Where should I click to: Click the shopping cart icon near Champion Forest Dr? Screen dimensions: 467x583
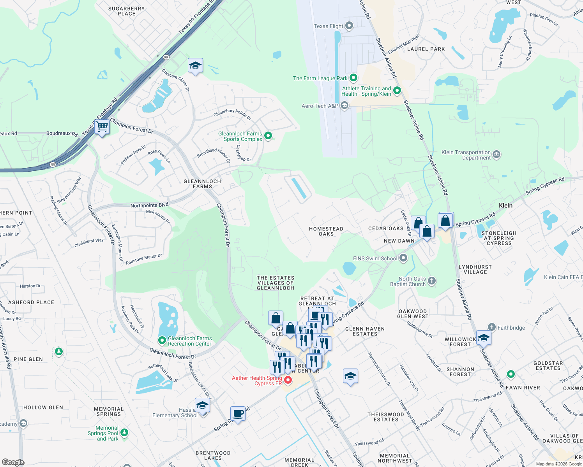coord(102,126)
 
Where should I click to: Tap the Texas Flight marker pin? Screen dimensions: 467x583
coord(349,26)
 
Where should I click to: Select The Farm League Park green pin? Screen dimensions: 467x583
coord(353,78)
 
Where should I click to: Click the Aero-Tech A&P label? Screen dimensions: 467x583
coord(320,106)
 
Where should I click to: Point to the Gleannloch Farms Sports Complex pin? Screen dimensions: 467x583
coord(268,135)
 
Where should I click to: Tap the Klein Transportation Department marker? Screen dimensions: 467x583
coord(496,154)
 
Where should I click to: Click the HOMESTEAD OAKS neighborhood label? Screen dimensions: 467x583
coord(326,231)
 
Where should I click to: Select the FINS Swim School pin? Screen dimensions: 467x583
coord(403,258)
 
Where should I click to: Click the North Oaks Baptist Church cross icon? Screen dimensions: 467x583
coord(432,281)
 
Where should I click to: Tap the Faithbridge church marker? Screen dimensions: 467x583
coord(492,327)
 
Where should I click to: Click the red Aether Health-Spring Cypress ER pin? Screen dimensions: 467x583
coord(288,380)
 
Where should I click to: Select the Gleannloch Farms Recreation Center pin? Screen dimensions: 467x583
coord(162,341)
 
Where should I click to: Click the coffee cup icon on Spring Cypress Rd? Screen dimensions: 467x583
coord(238,413)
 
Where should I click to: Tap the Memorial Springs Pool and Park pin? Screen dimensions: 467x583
coord(124,432)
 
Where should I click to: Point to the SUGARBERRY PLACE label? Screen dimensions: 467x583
coord(127,11)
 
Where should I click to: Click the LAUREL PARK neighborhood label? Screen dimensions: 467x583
coord(426,49)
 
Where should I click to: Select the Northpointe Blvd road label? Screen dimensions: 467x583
coord(149,205)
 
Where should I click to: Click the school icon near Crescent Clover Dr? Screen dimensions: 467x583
coord(195,66)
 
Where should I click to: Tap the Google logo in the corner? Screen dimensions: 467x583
coord(13,462)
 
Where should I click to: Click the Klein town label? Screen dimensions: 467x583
coord(505,205)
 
